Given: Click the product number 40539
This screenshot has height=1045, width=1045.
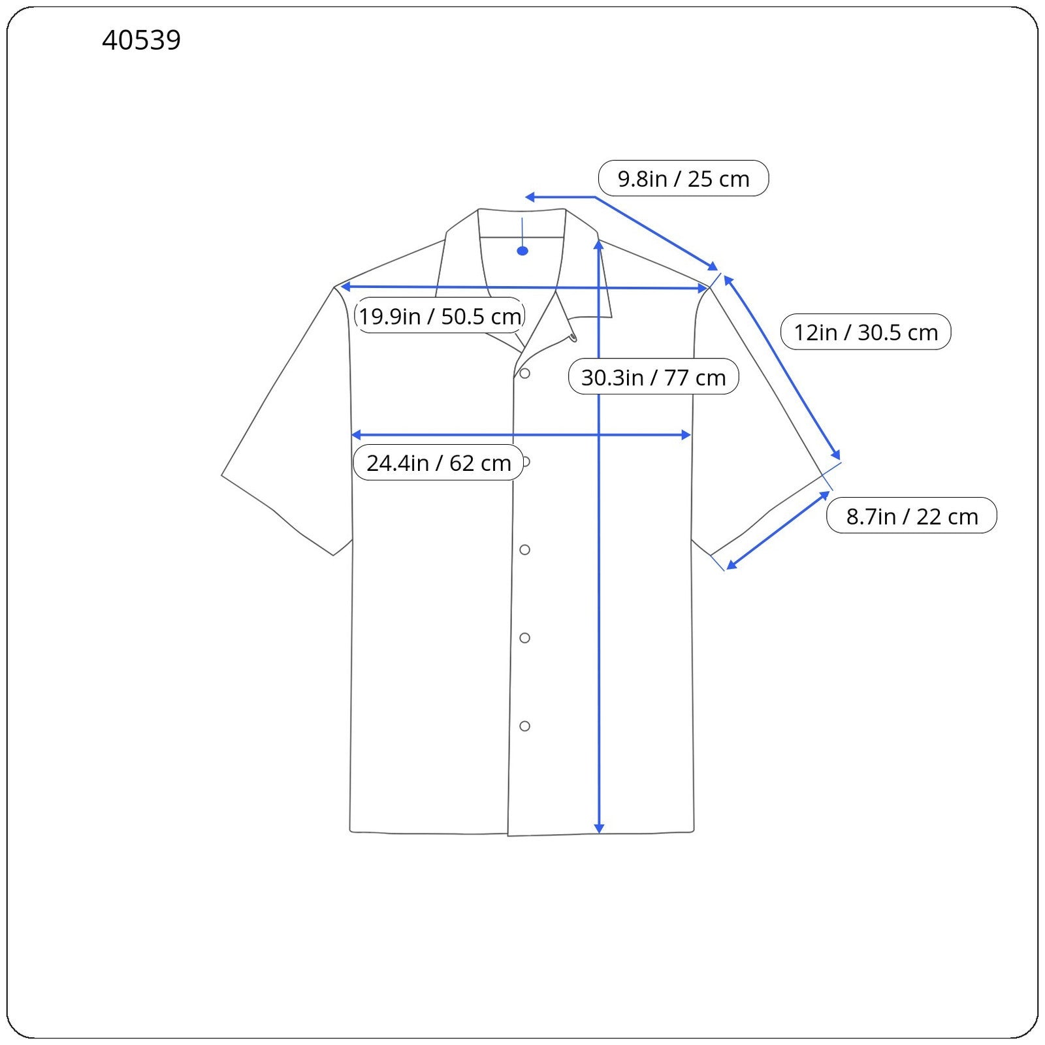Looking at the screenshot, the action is click(x=141, y=40).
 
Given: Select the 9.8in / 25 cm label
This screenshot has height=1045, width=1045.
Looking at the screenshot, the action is click(x=683, y=178).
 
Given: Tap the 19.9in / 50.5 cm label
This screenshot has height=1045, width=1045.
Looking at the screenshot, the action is click(x=440, y=315).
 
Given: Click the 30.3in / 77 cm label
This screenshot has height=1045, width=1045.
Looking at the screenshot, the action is click(x=653, y=377).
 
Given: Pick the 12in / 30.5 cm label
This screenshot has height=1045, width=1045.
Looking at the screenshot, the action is click(x=865, y=332).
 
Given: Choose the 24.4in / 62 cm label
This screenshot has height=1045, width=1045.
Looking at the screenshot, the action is click(x=438, y=462).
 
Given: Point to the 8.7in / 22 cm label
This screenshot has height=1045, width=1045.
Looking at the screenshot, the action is click(x=912, y=516).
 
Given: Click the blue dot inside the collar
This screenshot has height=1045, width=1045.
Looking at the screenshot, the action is click(x=522, y=251).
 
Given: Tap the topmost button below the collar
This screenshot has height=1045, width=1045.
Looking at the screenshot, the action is click(x=524, y=374).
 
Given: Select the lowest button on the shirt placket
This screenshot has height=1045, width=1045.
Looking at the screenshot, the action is click(x=524, y=726).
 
